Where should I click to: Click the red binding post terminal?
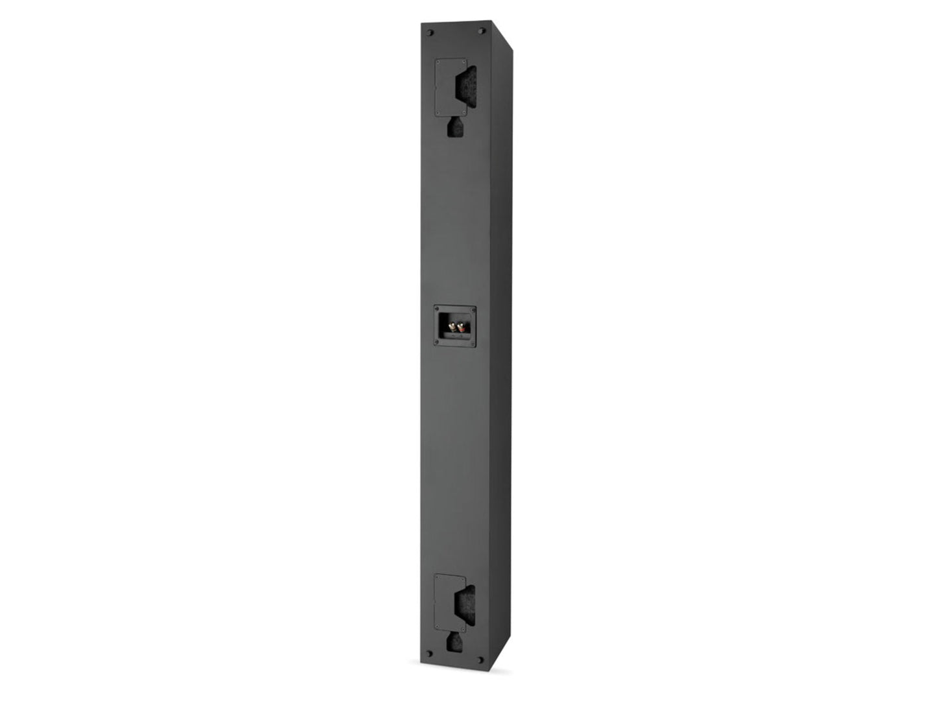point(460,329)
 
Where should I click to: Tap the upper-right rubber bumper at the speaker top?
point(481,31)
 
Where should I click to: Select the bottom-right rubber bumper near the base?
point(480,660)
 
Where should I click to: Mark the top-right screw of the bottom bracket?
point(463,577)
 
